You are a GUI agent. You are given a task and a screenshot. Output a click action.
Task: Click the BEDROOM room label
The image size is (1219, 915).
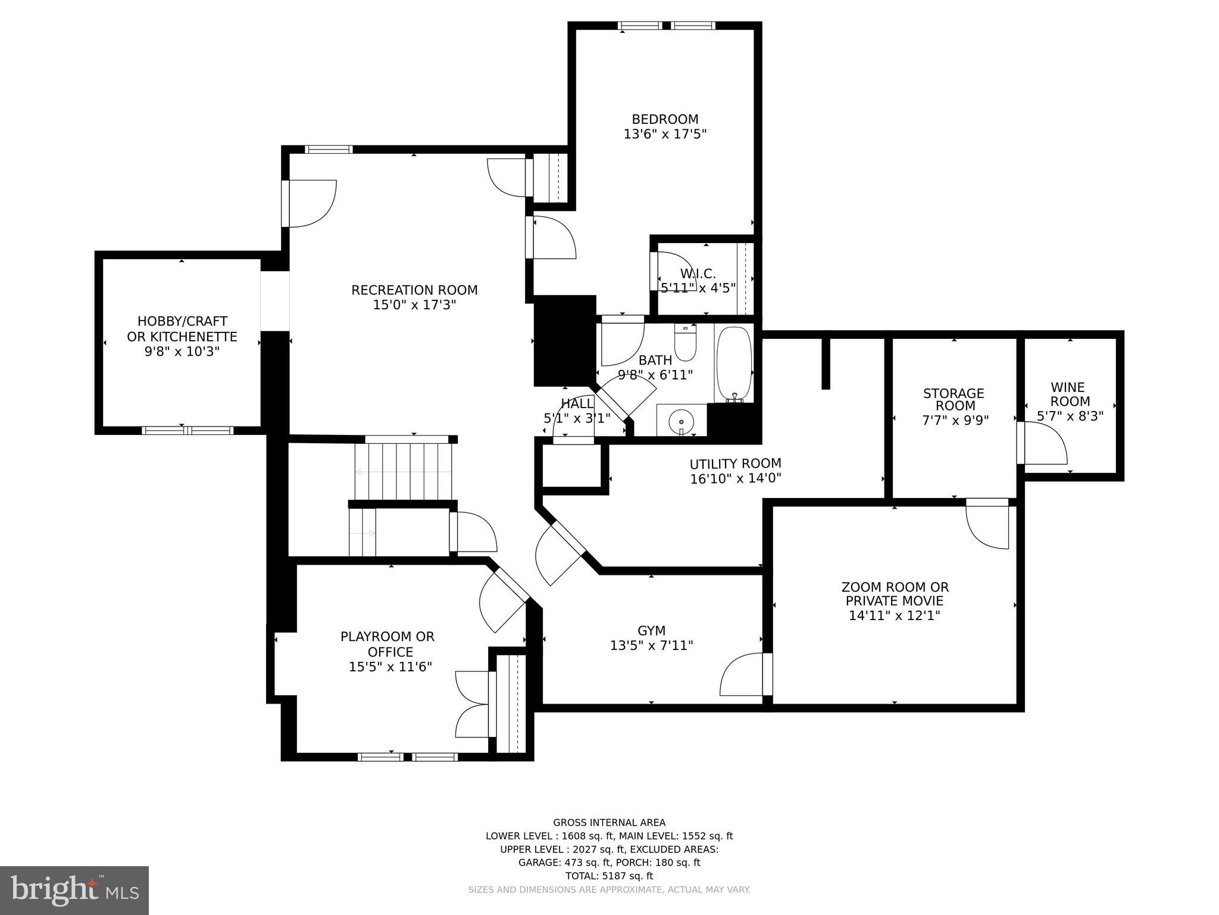click(665, 119)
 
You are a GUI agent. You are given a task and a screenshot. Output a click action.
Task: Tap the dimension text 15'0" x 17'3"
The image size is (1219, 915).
click(414, 305)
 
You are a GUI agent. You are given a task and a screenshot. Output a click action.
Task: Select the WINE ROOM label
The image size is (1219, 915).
click(1070, 394)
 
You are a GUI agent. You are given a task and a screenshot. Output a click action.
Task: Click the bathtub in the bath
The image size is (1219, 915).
click(734, 363)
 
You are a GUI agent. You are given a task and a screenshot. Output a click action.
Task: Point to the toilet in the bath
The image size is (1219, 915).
click(685, 344)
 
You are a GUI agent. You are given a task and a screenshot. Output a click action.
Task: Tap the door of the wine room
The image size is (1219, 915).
click(1042, 443)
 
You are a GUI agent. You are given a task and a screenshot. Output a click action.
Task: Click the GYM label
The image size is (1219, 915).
click(651, 630)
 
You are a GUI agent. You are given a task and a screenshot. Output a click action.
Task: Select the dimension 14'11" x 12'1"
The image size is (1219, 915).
click(894, 615)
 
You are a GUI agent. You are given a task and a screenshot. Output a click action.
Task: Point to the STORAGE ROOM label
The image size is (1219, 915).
click(954, 400)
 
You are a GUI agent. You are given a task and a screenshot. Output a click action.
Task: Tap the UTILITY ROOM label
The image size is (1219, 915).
click(735, 463)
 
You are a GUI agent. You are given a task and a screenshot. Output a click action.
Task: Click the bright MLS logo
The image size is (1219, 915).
click(74, 890)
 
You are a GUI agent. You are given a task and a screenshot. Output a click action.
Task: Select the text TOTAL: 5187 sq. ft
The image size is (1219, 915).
click(609, 876)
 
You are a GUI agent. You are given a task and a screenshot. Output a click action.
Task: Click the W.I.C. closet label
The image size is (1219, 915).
click(698, 273)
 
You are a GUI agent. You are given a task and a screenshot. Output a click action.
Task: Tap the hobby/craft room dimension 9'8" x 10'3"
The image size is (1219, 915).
click(182, 351)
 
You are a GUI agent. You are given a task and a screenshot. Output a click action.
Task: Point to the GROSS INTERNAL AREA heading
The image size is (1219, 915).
click(609, 823)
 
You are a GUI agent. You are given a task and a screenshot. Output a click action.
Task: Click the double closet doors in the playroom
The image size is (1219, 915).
click(473, 704)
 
